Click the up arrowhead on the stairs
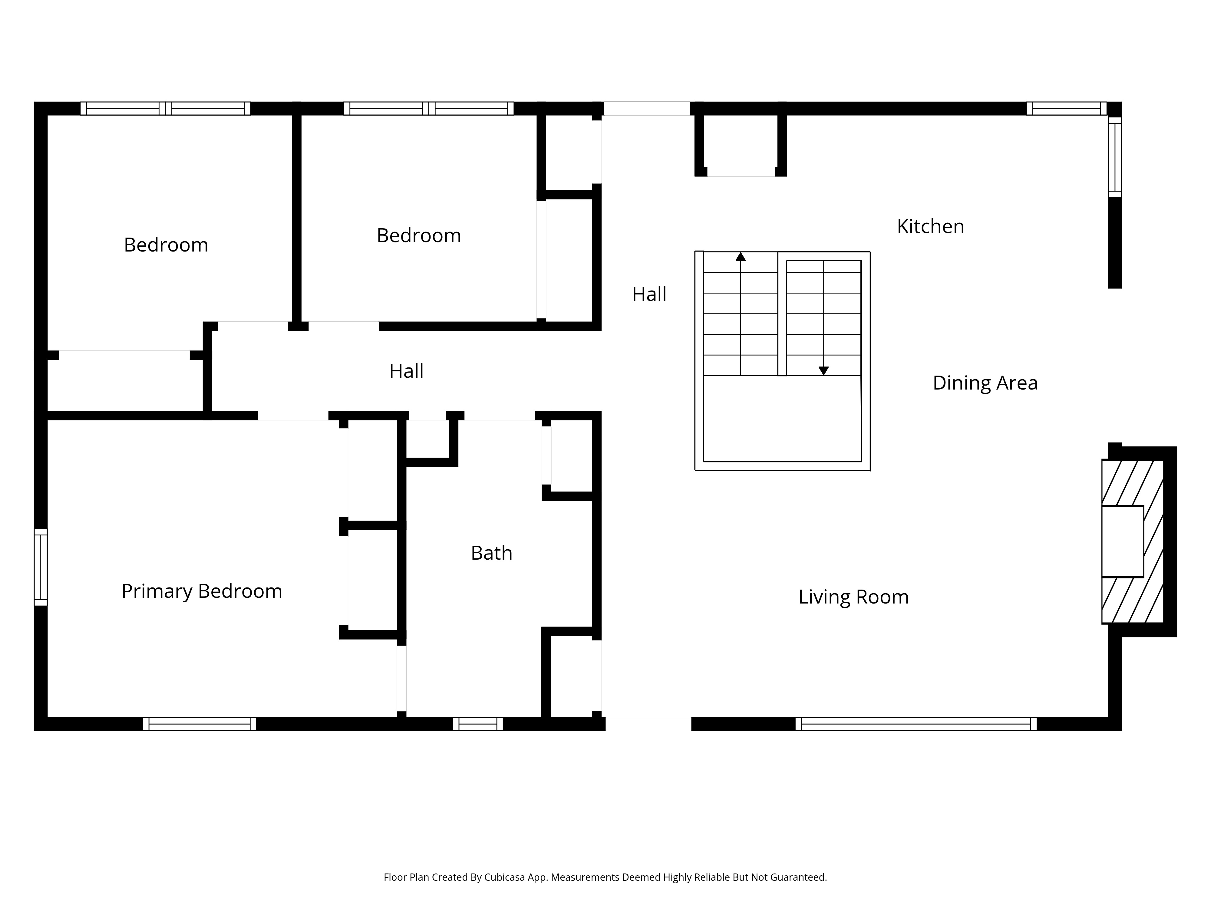[x=741, y=257]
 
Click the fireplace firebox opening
[x=1122, y=541]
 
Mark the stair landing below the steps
[x=782, y=419]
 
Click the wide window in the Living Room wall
[x=916, y=724]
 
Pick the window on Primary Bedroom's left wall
[x=41, y=567]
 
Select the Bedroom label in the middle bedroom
[x=419, y=236]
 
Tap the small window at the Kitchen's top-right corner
[x=1067, y=108]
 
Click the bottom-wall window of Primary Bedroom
[x=199, y=724]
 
